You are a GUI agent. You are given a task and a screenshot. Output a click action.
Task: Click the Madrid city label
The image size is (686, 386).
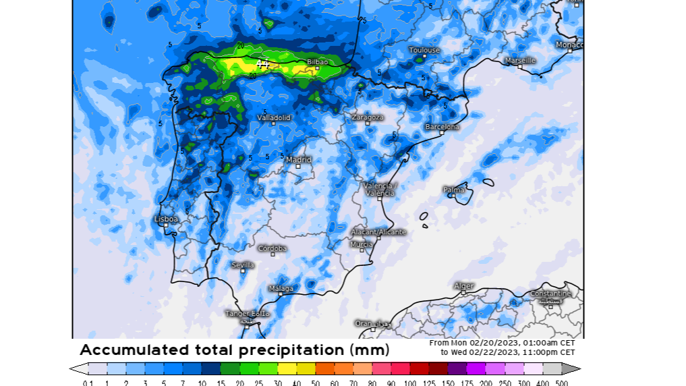[x=299, y=160]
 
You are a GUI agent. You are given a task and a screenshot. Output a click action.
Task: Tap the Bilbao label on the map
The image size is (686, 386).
[x=318, y=62]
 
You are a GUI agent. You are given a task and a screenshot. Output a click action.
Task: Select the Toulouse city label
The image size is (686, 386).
[x=424, y=50]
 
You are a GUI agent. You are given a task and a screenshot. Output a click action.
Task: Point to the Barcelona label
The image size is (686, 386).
[x=442, y=127]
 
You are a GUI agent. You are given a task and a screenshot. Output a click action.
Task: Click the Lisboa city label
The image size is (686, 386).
[x=166, y=219]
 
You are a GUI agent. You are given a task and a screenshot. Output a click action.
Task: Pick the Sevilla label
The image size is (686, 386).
[x=243, y=265]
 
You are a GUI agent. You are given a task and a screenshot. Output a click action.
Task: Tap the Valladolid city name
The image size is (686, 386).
[x=274, y=117]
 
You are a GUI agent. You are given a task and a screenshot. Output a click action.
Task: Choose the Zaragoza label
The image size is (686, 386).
[x=368, y=117]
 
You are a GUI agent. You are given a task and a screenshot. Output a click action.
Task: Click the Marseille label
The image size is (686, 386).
[x=520, y=60]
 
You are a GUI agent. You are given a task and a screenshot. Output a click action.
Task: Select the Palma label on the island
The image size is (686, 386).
[x=454, y=190]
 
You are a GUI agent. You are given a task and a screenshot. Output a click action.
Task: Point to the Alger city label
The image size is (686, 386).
[x=464, y=286]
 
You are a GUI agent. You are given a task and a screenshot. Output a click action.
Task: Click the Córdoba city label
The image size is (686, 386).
[x=273, y=248]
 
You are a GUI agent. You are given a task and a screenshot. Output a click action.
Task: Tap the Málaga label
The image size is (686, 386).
[x=281, y=289]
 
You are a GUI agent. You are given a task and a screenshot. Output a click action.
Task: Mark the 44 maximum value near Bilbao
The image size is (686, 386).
[x=262, y=64]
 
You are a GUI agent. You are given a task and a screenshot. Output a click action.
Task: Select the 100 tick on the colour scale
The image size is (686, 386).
[x=410, y=383]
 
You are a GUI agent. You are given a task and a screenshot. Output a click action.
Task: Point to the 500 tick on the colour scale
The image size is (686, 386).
[x=561, y=383]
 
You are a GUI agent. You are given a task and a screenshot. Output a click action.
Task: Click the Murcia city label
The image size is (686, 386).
[x=362, y=244]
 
